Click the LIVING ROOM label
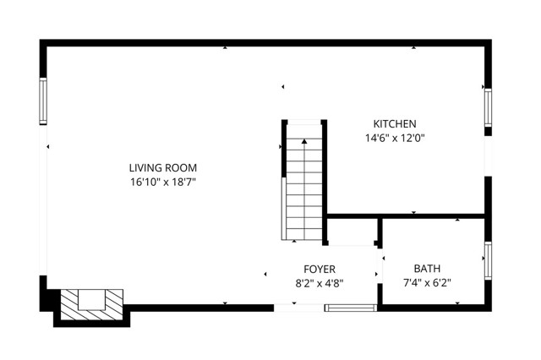163,167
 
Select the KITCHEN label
395,123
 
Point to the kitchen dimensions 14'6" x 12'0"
395,138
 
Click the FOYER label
320,269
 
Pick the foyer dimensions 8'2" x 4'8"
320,283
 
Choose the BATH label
427,269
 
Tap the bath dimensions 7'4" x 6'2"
427,283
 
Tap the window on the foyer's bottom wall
351,308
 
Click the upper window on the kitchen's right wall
488,106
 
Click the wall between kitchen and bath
406,216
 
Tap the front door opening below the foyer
298,308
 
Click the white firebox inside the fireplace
90,297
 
